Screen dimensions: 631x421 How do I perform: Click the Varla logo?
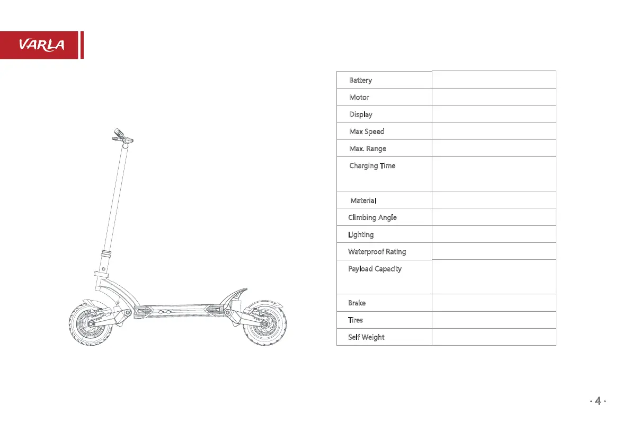[42, 45]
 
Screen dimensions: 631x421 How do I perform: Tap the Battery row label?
[360, 80]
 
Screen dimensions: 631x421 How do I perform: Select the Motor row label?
[359, 98]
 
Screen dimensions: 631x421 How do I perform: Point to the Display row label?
[361, 115]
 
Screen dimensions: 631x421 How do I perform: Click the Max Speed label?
[367, 131]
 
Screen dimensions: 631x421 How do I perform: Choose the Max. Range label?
[368, 148]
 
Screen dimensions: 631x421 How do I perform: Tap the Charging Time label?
[372, 166]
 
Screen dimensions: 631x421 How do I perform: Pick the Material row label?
[363, 200]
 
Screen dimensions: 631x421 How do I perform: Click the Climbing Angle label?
[372, 217]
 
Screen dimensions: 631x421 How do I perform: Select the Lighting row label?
[361, 234]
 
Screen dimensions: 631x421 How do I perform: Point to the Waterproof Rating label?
[377, 251]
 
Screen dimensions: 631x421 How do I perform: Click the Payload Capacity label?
[375, 269]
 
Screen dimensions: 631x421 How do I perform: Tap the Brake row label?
[357, 303]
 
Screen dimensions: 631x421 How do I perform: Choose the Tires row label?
[356, 320]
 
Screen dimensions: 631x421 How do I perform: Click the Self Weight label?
[366, 337]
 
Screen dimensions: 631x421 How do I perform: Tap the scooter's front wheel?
[90, 323]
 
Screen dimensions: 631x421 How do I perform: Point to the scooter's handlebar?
[122, 137]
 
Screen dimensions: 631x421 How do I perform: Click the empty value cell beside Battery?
[494, 80]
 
